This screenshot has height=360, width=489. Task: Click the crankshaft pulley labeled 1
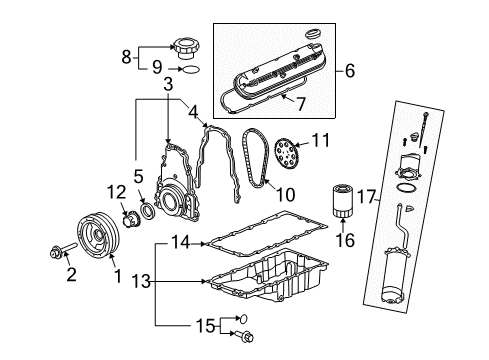click(x=101, y=251)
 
